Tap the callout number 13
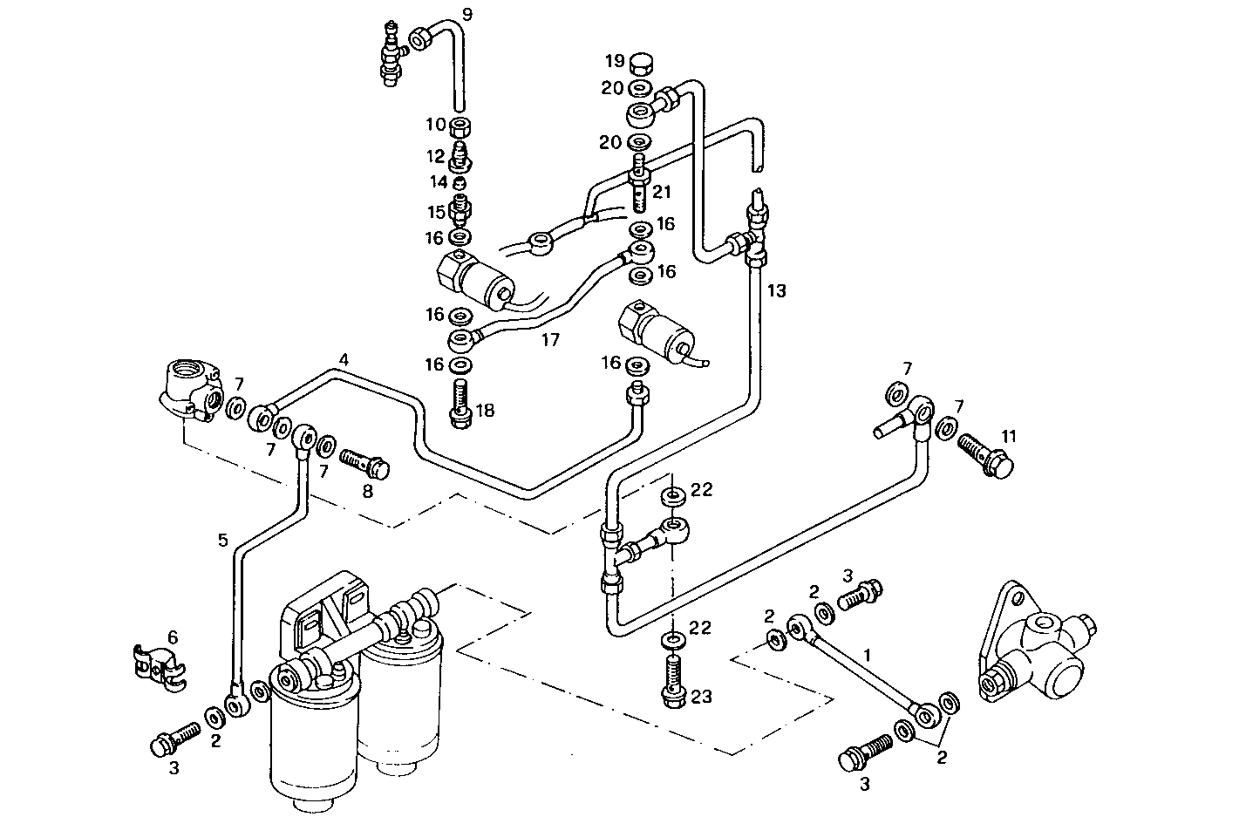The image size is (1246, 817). tap(776, 290)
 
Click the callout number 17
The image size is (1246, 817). tap(549, 339)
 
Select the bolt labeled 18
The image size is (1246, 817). tap(460, 405)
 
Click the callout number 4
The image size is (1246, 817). tap(344, 359)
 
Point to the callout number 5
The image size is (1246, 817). tap(222, 541)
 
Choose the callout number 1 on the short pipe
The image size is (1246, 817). tap(867, 652)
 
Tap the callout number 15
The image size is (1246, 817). tap(435, 211)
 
